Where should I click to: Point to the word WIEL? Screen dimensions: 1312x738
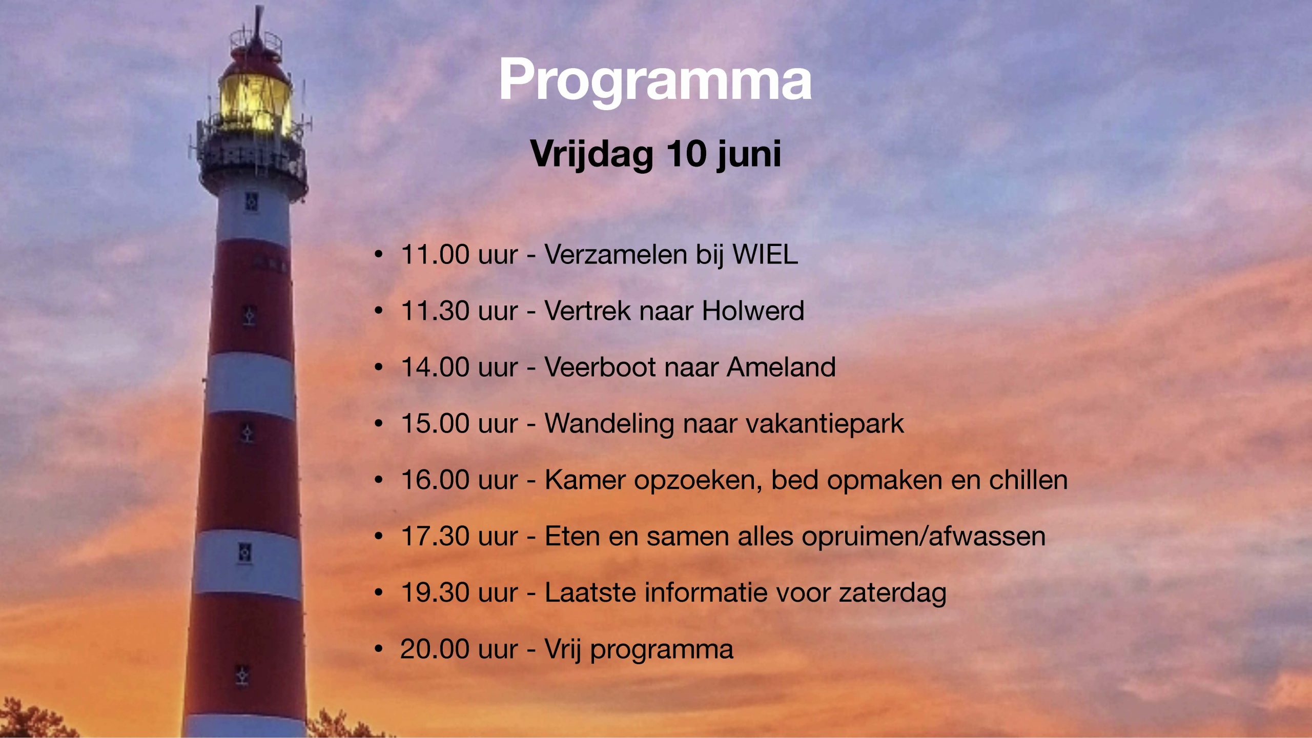click(765, 254)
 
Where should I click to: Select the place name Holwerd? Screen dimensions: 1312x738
click(753, 311)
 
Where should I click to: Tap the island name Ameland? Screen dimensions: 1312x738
click(781, 367)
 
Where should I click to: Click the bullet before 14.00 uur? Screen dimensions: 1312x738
click(379, 367)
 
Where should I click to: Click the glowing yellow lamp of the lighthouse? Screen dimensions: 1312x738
click(255, 103)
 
